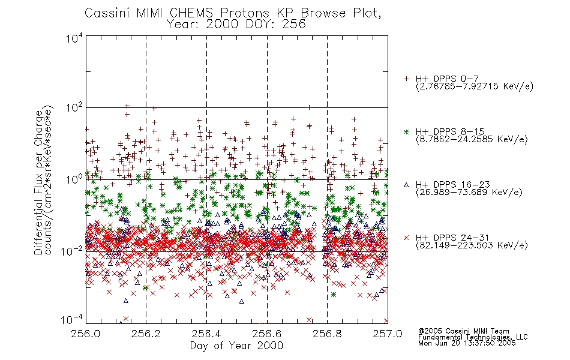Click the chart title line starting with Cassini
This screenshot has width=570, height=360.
coord(233,13)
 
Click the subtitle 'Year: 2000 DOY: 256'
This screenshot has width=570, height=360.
coord(236,25)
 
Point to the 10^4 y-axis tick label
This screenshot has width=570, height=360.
coord(74,38)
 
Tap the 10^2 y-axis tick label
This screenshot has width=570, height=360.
coord(74,108)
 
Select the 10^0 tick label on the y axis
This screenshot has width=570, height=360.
coord(74,179)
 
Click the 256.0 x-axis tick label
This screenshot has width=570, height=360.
coord(86,334)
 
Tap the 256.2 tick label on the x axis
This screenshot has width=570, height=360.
coord(146,334)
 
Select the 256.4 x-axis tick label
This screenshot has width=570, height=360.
coord(206,334)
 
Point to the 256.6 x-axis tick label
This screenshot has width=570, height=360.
coord(267,334)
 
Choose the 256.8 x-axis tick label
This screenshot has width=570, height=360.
coord(327,334)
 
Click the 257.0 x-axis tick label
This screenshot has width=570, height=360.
coord(388,334)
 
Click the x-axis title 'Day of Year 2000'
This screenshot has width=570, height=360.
coord(236,346)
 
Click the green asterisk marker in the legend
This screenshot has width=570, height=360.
coord(406,132)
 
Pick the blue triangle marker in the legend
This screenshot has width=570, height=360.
coord(406,185)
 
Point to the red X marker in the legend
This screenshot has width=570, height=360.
coord(406,238)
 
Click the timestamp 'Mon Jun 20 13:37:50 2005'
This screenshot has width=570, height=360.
coord(467,343)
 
